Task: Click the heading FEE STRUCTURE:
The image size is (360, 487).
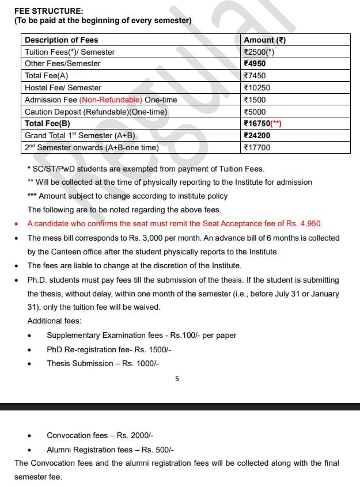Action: coord(48,11)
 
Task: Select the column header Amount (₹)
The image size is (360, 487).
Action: coord(264,40)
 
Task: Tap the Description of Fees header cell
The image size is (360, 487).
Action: coord(61,40)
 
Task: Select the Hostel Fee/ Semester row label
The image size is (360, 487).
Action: coord(63,88)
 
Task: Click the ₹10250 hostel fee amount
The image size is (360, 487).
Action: coord(257,88)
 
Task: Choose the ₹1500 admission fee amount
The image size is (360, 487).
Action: coord(255,100)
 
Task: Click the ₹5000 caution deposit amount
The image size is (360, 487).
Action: coord(255,112)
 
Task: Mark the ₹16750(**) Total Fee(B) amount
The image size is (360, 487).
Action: coord(263,124)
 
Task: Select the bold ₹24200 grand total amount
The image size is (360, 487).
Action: coord(257,136)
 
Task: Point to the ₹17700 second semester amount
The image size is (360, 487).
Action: coord(257,148)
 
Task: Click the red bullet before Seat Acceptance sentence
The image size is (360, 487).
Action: coord(17,224)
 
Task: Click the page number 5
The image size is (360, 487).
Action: coord(177,379)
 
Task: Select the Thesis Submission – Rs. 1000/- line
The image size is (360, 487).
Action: coord(103,363)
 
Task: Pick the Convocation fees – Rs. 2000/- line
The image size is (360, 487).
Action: coord(100,436)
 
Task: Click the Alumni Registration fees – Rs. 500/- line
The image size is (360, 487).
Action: coord(110,450)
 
